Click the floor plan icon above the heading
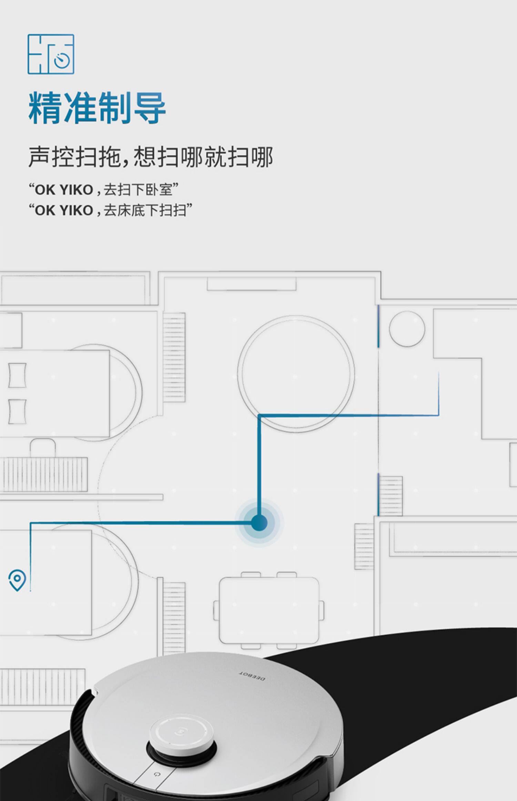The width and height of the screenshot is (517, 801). click(51, 54)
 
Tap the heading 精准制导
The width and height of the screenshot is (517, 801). click(97, 108)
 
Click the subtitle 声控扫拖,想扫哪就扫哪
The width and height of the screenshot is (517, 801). click(151, 157)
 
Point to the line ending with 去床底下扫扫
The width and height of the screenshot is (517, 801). click(110, 210)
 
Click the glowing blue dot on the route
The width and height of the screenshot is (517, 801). click(259, 523)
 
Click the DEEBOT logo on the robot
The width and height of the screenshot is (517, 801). click(252, 676)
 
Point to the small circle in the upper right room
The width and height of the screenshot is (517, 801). click(407, 328)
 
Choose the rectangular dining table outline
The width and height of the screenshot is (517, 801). click(269, 611)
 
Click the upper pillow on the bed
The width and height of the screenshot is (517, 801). click(17, 375)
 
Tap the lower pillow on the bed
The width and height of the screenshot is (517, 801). click(17, 411)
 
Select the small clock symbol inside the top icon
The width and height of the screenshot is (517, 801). click(62, 60)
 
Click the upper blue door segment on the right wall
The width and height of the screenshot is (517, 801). click(378, 326)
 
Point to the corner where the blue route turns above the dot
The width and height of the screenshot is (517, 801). click(259, 416)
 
